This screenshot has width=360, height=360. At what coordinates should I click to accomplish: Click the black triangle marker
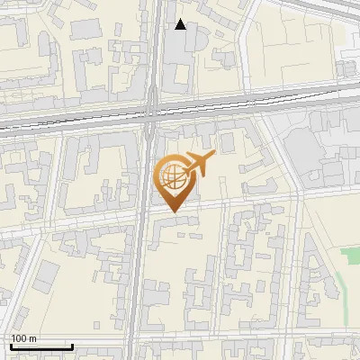click(181, 24)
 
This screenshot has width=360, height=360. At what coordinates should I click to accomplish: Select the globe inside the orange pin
click(172, 176)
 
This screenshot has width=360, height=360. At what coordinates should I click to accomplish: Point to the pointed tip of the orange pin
click(173, 212)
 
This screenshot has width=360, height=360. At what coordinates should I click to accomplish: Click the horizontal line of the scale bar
click(41, 346)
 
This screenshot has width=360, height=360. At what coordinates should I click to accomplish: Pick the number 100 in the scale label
click(19, 338)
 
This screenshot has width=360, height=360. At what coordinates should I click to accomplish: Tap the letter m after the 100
click(32, 338)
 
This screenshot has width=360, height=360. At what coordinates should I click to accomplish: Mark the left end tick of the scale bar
click(11, 345)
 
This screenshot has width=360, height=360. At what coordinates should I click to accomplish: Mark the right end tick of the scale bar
click(72, 345)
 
